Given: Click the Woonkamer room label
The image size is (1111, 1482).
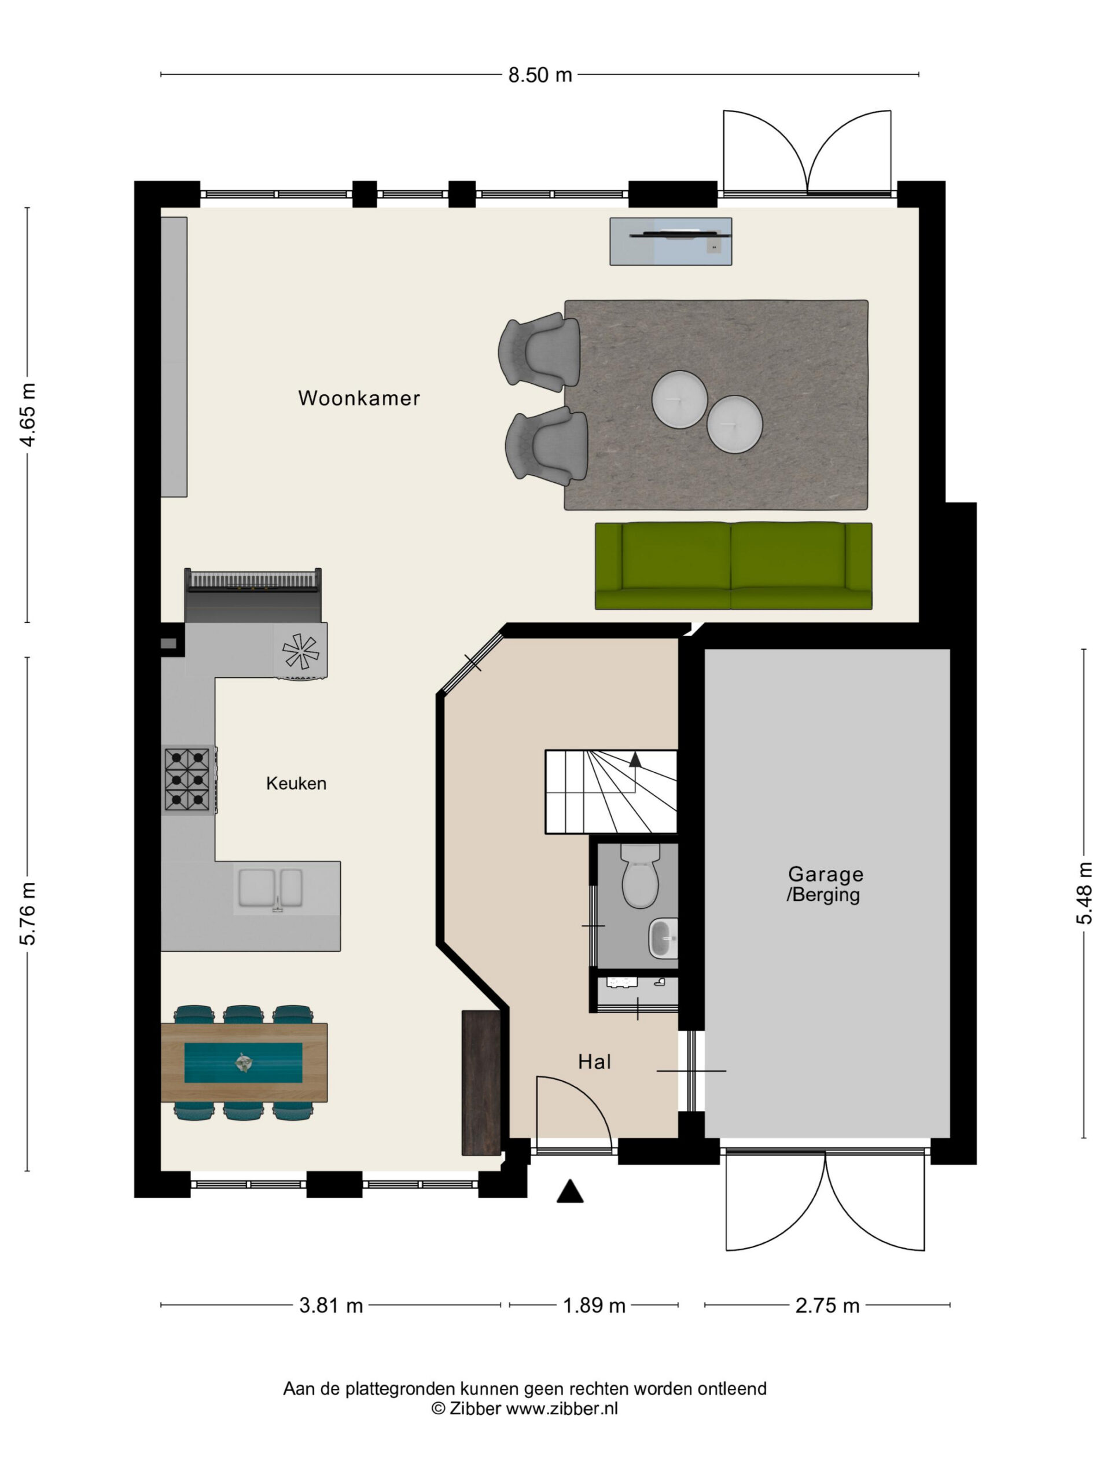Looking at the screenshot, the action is [x=359, y=398].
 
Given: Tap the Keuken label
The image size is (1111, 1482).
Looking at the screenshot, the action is [x=296, y=783].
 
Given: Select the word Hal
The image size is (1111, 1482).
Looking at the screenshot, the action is [x=595, y=1061].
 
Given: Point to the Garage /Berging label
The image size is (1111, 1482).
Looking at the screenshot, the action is [x=825, y=884].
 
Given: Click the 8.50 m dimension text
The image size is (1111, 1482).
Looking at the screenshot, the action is [x=540, y=75].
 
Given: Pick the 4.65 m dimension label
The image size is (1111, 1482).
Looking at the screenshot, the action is [x=28, y=414].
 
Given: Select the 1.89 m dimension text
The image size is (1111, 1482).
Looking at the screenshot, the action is [x=594, y=1306].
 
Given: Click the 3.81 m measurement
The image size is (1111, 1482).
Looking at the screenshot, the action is [x=331, y=1306].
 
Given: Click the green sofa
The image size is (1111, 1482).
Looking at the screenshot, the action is [x=733, y=566].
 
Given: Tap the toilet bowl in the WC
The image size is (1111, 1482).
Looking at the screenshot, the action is [x=640, y=876].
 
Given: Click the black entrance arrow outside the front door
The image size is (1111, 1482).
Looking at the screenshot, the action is [x=570, y=1191].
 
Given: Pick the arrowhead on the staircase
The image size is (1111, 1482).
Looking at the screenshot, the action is [x=635, y=759].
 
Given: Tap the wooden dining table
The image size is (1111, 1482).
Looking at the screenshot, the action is [x=244, y=1063].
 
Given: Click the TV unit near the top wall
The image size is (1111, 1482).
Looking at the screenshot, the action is [x=670, y=241].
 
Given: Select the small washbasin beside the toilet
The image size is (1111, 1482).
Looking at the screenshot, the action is [x=663, y=938].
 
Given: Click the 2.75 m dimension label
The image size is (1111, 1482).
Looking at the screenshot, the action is [x=827, y=1306].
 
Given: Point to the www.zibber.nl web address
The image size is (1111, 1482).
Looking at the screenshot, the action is [x=561, y=1408].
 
